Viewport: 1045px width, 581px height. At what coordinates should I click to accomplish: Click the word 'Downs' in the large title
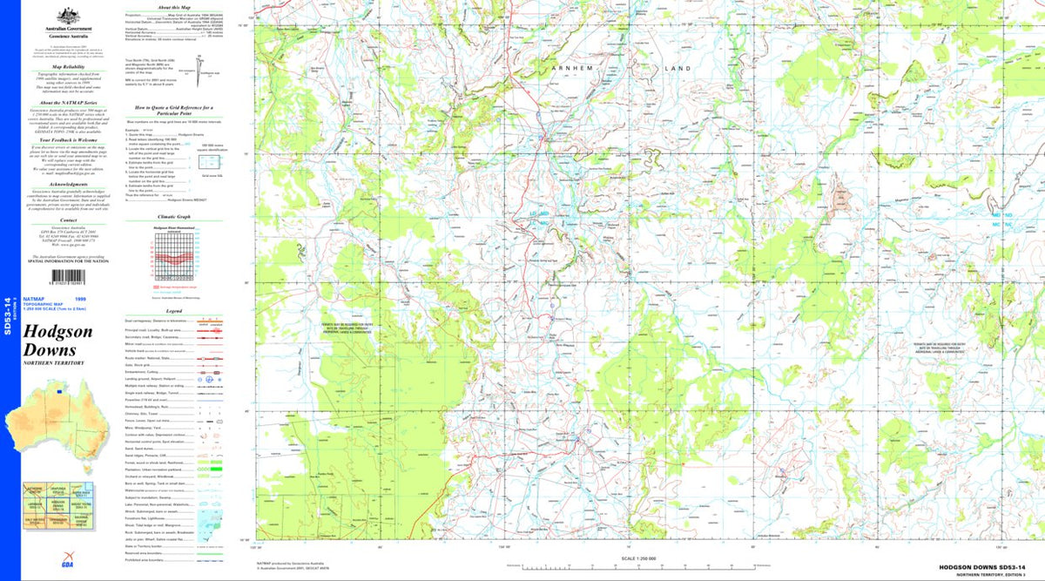(x=51, y=350)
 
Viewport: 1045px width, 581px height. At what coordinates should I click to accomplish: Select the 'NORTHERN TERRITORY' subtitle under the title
(x=54, y=362)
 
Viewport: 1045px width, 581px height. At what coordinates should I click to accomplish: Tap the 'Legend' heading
(x=173, y=310)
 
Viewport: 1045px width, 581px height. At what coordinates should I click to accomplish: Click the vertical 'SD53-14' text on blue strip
(x=8, y=315)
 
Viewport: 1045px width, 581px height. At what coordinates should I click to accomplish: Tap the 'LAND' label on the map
(x=676, y=68)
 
